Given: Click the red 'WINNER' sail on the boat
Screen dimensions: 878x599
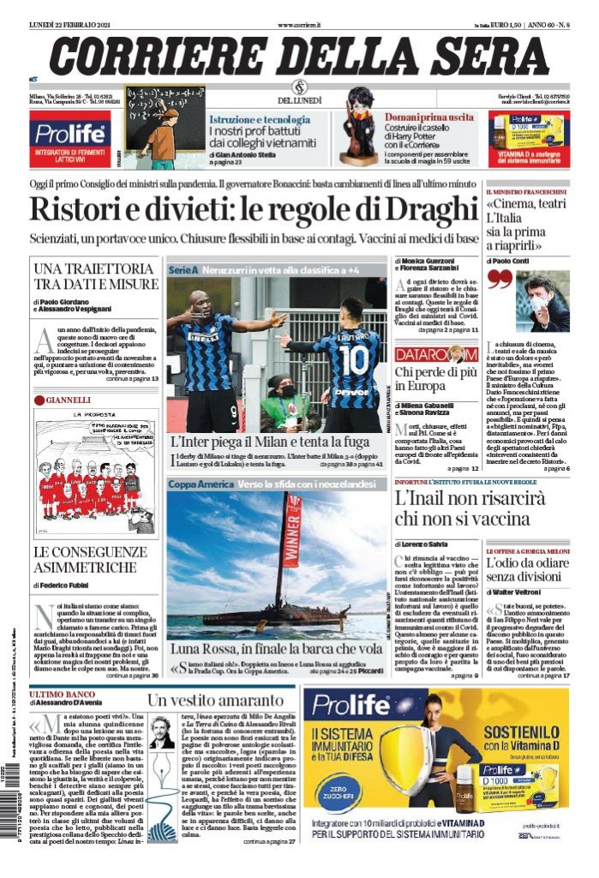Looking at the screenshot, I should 292,532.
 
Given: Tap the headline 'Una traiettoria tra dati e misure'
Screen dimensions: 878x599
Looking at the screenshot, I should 96,276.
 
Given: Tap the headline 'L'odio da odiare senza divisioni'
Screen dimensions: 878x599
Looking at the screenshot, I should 527,571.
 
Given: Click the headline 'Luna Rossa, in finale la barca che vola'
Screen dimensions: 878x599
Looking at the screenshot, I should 276,649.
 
